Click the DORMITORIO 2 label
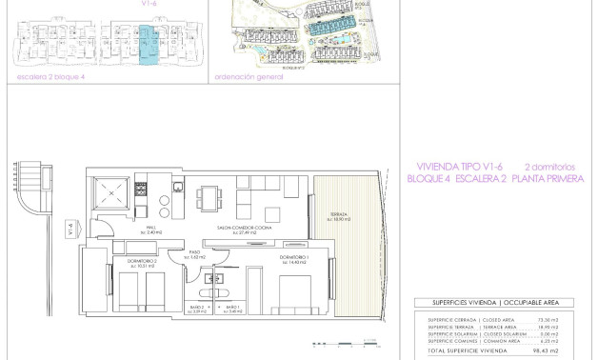(x=129, y=261)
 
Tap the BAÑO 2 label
(x=197, y=309)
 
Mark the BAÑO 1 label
(x=230, y=309)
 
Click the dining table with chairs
(x=212, y=197)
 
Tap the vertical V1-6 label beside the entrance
(x=70, y=229)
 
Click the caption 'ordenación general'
(x=249, y=77)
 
